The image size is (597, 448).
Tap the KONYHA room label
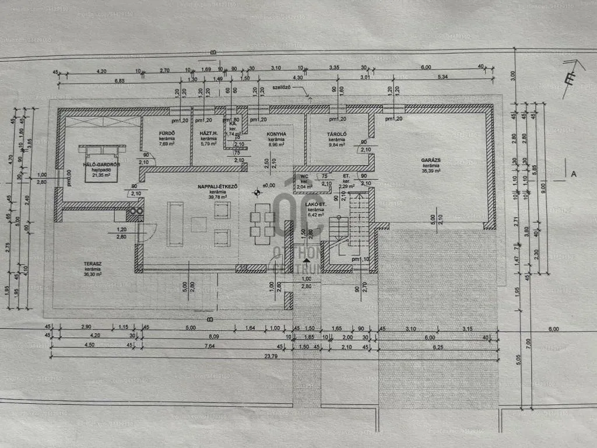276,134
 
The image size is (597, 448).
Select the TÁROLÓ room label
337,134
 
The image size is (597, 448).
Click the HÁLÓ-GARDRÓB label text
101,164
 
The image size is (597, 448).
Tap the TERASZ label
93,264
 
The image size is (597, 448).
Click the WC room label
304,176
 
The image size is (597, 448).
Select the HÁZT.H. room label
209,134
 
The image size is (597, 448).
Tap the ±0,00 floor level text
270,186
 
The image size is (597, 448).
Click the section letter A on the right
574,173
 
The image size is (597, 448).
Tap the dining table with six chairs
262,223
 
